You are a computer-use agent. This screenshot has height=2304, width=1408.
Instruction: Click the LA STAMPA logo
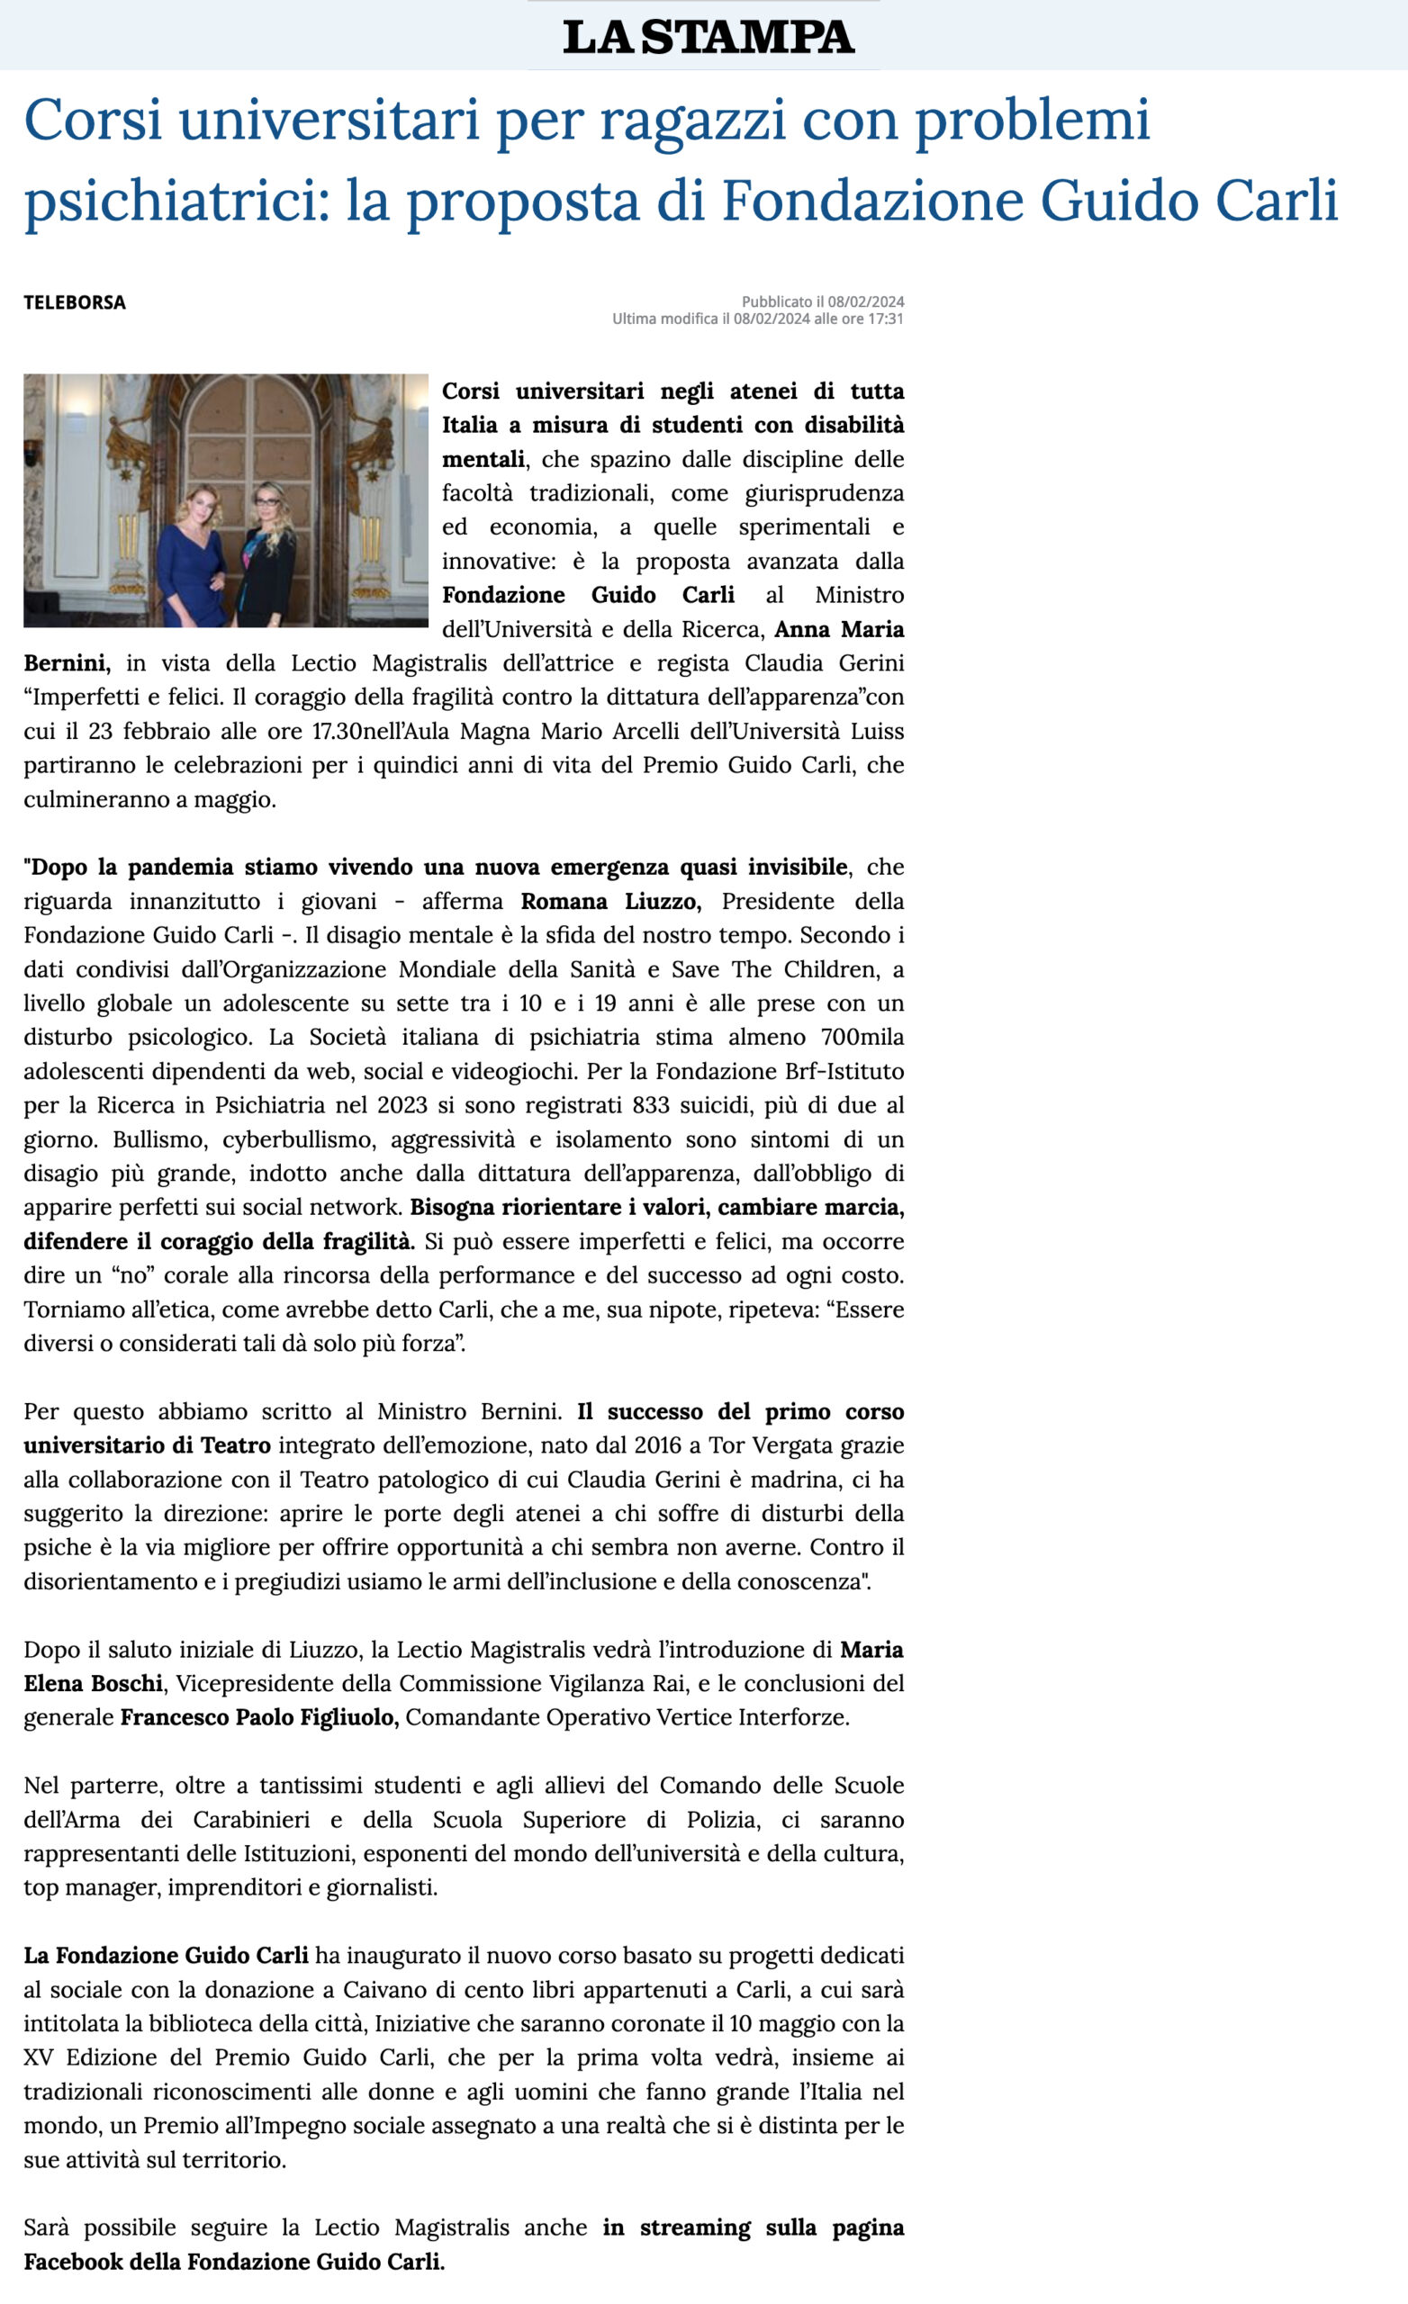point(708,37)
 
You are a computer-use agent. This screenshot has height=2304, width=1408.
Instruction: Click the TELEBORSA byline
point(75,302)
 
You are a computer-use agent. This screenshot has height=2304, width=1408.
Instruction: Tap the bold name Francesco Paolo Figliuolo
point(259,1718)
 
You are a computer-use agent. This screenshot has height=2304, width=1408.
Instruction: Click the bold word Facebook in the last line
point(73,2262)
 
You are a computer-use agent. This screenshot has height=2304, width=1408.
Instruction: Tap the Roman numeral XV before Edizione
point(39,2057)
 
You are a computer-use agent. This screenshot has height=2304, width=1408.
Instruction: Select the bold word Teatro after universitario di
point(236,1445)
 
